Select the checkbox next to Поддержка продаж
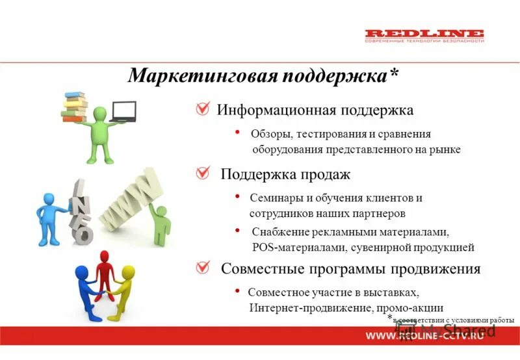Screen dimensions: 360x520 [x=203, y=174]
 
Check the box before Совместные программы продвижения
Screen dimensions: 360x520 [x=203, y=268]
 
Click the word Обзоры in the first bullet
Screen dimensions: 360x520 [x=270, y=135]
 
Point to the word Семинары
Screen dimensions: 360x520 [x=276, y=198]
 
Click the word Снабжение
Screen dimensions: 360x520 [x=278, y=232]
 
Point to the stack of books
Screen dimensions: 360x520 [x=74, y=106]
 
